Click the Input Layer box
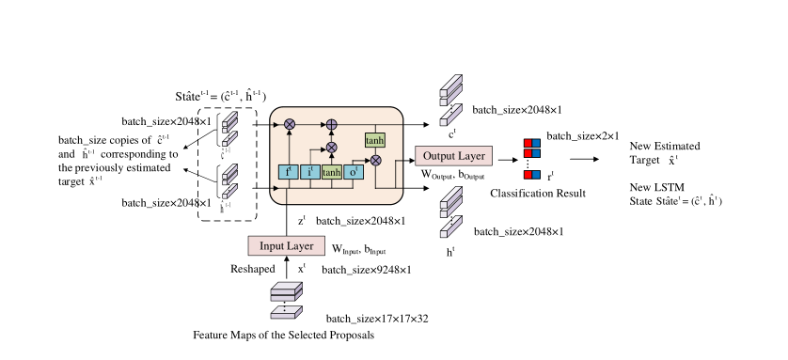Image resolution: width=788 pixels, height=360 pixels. (x=287, y=245)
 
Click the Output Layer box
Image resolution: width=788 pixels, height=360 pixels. (x=452, y=154)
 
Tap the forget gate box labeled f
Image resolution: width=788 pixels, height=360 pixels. (x=289, y=171)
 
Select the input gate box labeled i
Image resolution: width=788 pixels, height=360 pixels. (x=310, y=171)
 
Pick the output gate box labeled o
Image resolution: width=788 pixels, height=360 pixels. (x=352, y=171)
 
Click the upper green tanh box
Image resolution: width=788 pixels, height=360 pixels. (x=375, y=140)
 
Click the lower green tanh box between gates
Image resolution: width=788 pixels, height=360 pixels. (x=331, y=171)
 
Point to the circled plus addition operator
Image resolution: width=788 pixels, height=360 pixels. (x=331, y=123)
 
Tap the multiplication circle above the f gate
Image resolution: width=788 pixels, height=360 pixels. (x=289, y=123)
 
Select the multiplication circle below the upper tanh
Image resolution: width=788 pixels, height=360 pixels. (x=375, y=161)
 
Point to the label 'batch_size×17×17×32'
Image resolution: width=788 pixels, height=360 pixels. (x=376, y=319)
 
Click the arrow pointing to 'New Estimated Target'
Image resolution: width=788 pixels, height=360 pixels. (x=584, y=159)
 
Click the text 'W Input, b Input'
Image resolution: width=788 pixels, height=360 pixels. (x=359, y=249)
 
